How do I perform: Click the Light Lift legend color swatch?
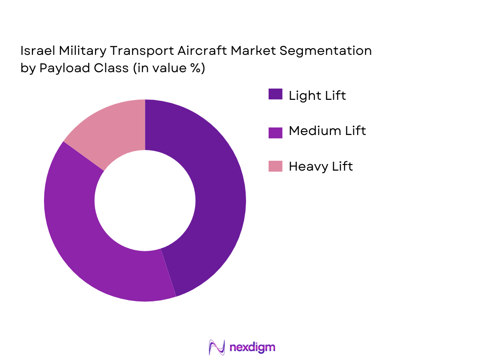coord(275,94)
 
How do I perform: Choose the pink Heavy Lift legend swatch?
coord(275,166)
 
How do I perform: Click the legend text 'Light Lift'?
coord(317,95)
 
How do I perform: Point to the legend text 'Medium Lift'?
coord(327,131)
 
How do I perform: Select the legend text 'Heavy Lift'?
coord(321,166)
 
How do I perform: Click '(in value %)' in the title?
coord(169,68)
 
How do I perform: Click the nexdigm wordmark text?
coord(253,347)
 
